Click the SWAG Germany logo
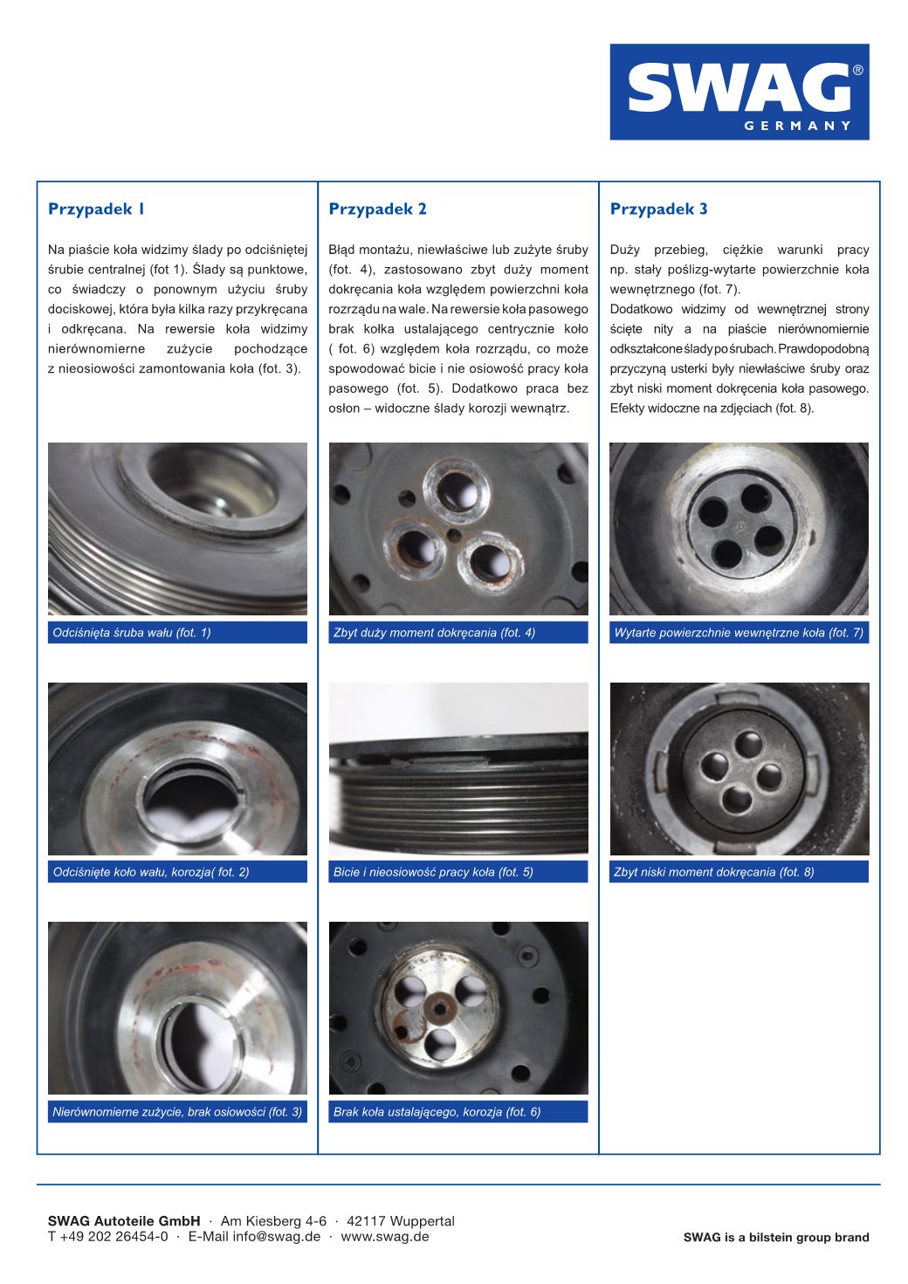click(x=739, y=92)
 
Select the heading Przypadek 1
click(x=96, y=209)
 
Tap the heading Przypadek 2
click(x=377, y=209)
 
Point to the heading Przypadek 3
click(x=658, y=209)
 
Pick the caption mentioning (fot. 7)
click(x=739, y=633)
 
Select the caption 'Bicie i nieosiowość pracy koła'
click(x=433, y=872)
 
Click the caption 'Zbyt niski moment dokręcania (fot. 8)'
click(x=713, y=872)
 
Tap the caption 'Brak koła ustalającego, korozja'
click(x=437, y=1112)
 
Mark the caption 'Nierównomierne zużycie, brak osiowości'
click(x=177, y=1112)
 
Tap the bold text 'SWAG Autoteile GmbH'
click(x=124, y=1221)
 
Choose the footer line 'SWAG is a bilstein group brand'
click(x=775, y=1238)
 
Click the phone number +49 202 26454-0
click(x=113, y=1237)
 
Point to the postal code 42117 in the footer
click(x=366, y=1221)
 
